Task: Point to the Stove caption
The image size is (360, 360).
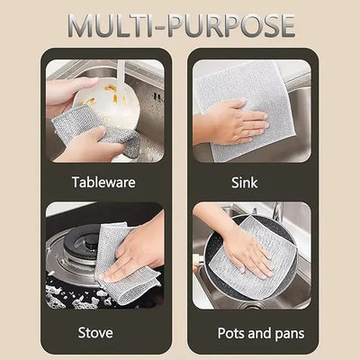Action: (94, 333)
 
